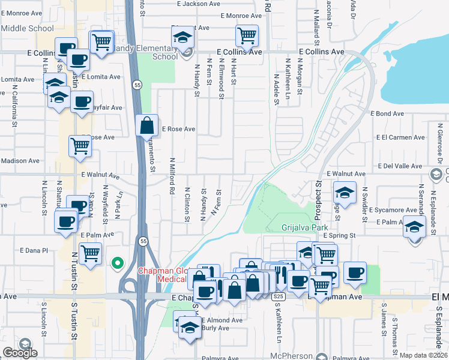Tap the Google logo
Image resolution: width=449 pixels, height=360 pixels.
pos(20,353)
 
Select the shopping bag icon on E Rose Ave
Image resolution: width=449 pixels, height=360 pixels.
pos(147,127)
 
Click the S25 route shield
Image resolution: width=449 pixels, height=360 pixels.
pos(277,297)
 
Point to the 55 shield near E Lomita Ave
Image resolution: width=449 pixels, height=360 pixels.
pos(137,83)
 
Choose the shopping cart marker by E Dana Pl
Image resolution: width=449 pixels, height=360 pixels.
pos(90,253)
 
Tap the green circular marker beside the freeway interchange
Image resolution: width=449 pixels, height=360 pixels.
pos(118,262)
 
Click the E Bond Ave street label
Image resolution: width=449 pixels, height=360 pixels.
pos(387,113)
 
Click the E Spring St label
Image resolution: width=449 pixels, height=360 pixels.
pos(340,236)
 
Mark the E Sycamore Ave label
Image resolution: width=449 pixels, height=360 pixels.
pos(392,210)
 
